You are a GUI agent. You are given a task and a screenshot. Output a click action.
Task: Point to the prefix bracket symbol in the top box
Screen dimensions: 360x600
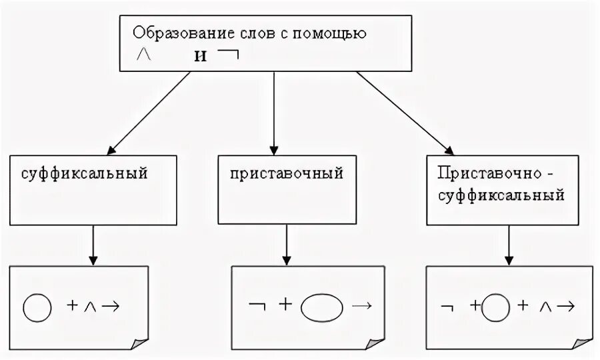[x=229, y=55]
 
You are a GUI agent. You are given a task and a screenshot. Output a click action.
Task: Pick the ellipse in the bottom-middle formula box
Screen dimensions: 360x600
[x=323, y=307]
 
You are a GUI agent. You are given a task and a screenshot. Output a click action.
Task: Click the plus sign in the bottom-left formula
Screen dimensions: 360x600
[x=73, y=306]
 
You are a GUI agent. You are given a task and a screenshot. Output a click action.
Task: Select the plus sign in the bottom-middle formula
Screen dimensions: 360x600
[x=285, y=305]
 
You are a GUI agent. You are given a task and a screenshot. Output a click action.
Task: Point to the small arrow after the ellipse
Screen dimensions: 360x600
[x=361, y=306]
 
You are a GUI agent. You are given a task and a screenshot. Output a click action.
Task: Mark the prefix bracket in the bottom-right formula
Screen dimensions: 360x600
[x=447, y=307]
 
